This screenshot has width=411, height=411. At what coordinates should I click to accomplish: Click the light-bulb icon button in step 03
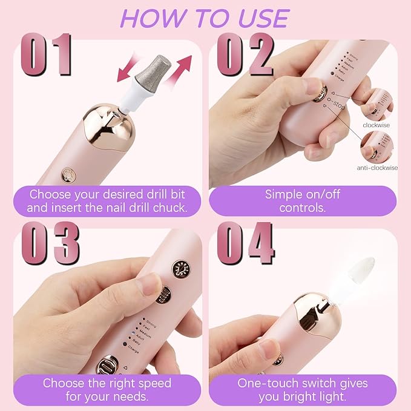click(x=180, y=269)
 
